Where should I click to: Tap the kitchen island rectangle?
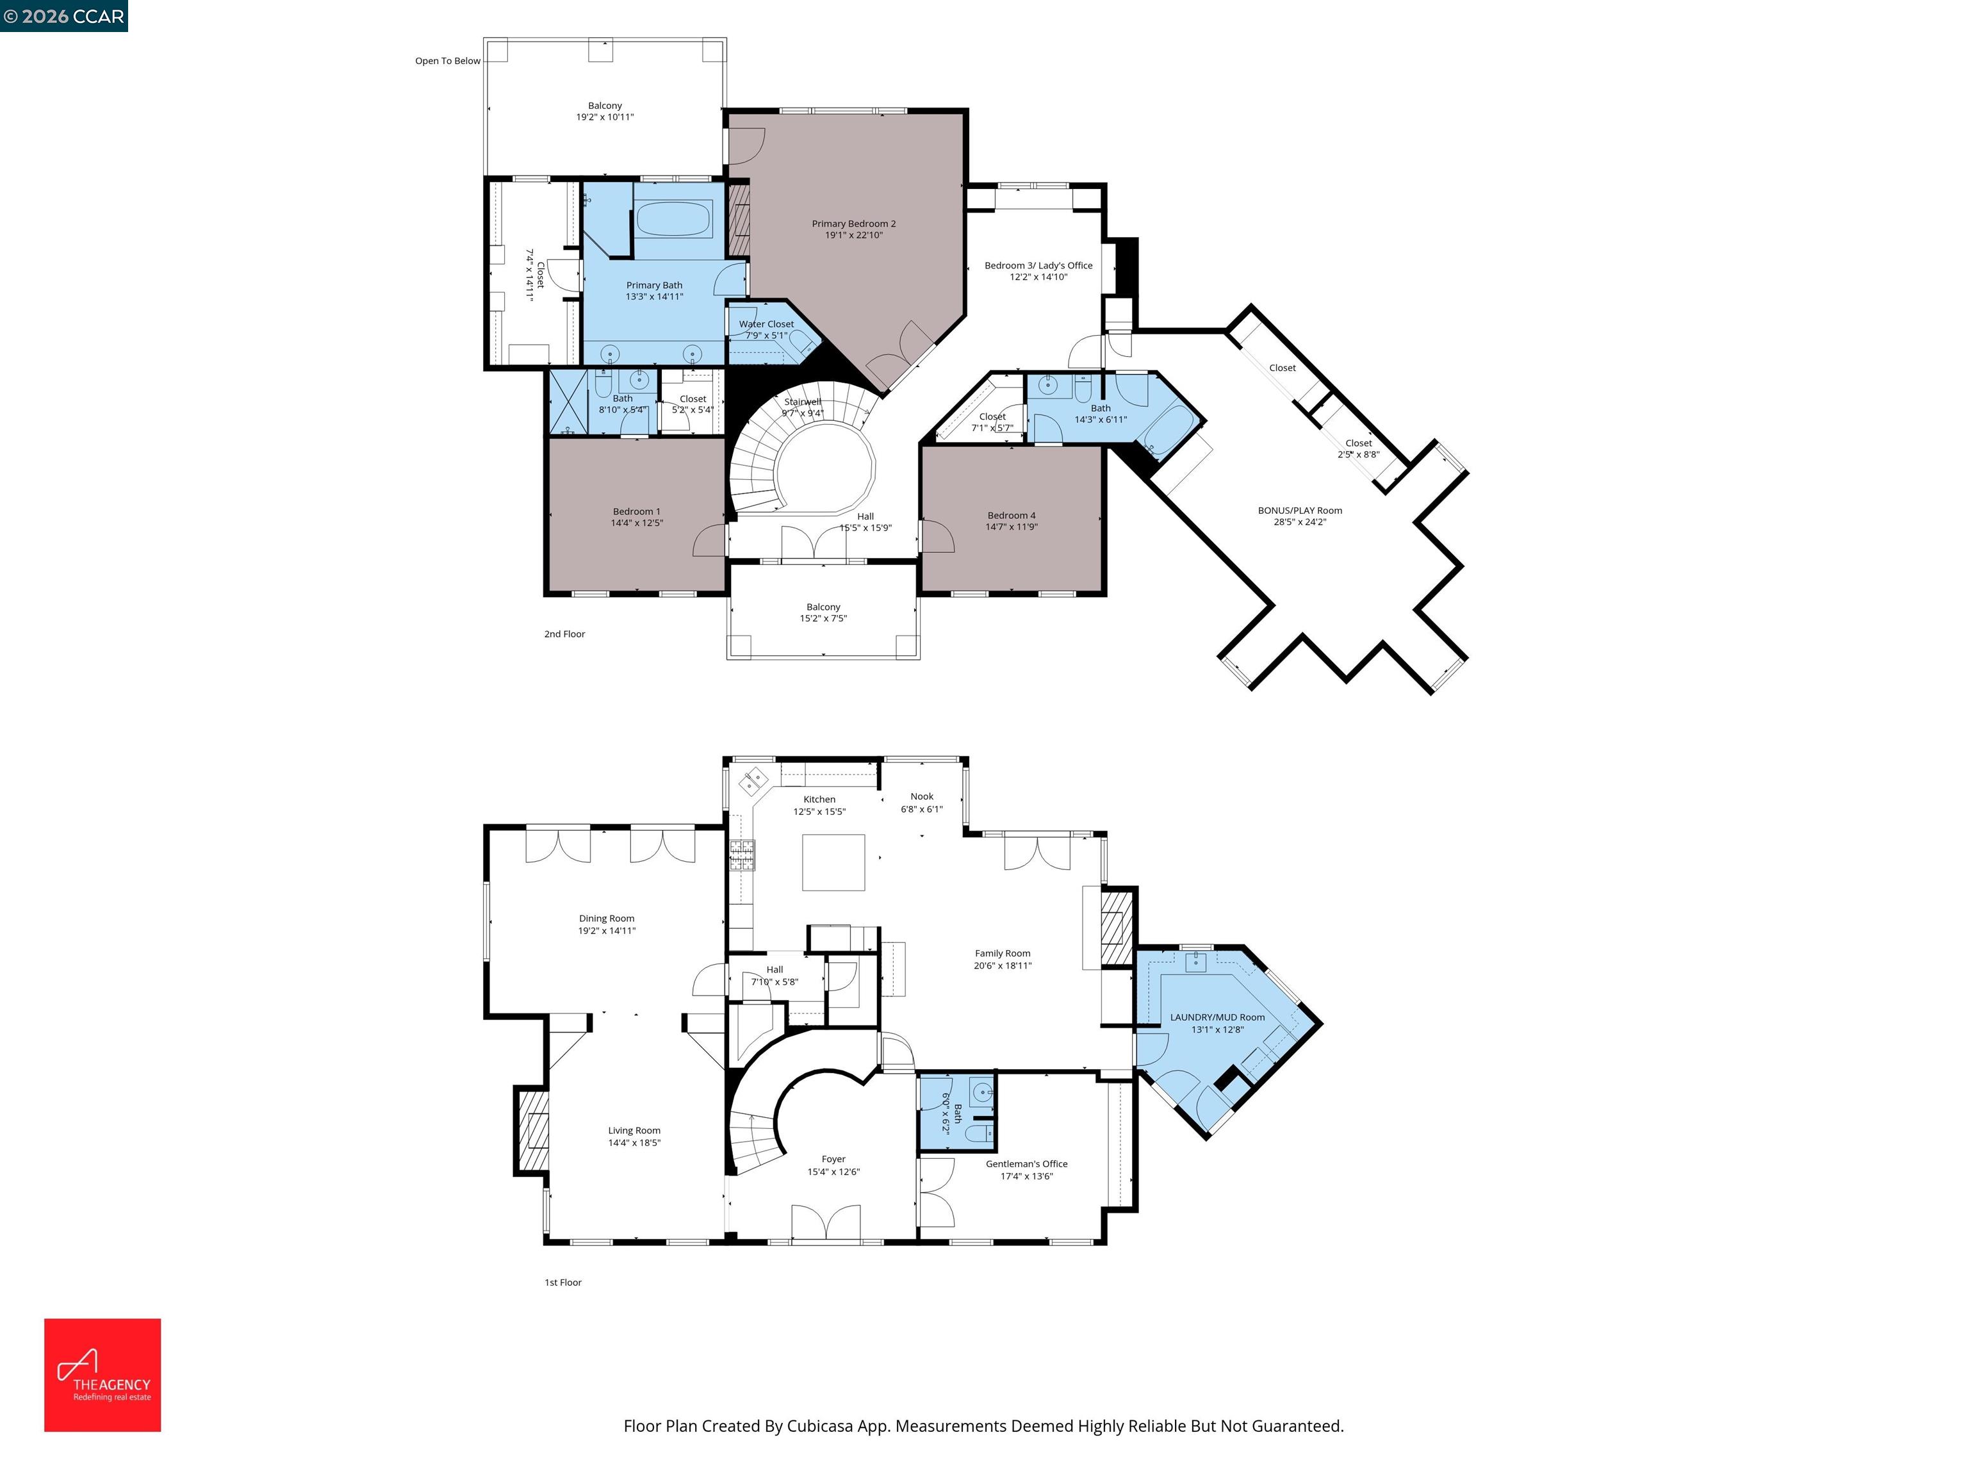(x=833, y=862)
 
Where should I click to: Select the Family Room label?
(x=1002, y=953)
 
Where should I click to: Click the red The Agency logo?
(x=102, y=1375)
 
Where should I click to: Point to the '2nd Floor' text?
(x=564, y=634)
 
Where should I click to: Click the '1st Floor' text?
(x=562, y=1282)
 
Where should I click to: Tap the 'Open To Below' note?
(x=448, y=60)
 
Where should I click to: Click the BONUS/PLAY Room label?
(x=1299, y=511)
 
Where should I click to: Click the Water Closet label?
(x=766, y=324)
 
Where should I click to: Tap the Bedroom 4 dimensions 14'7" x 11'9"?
(x=1011, y=527)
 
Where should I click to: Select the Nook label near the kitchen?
(x=922, y=796)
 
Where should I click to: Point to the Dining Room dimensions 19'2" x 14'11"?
(x=607, y=931)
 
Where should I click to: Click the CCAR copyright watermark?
(x=63, y=16)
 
